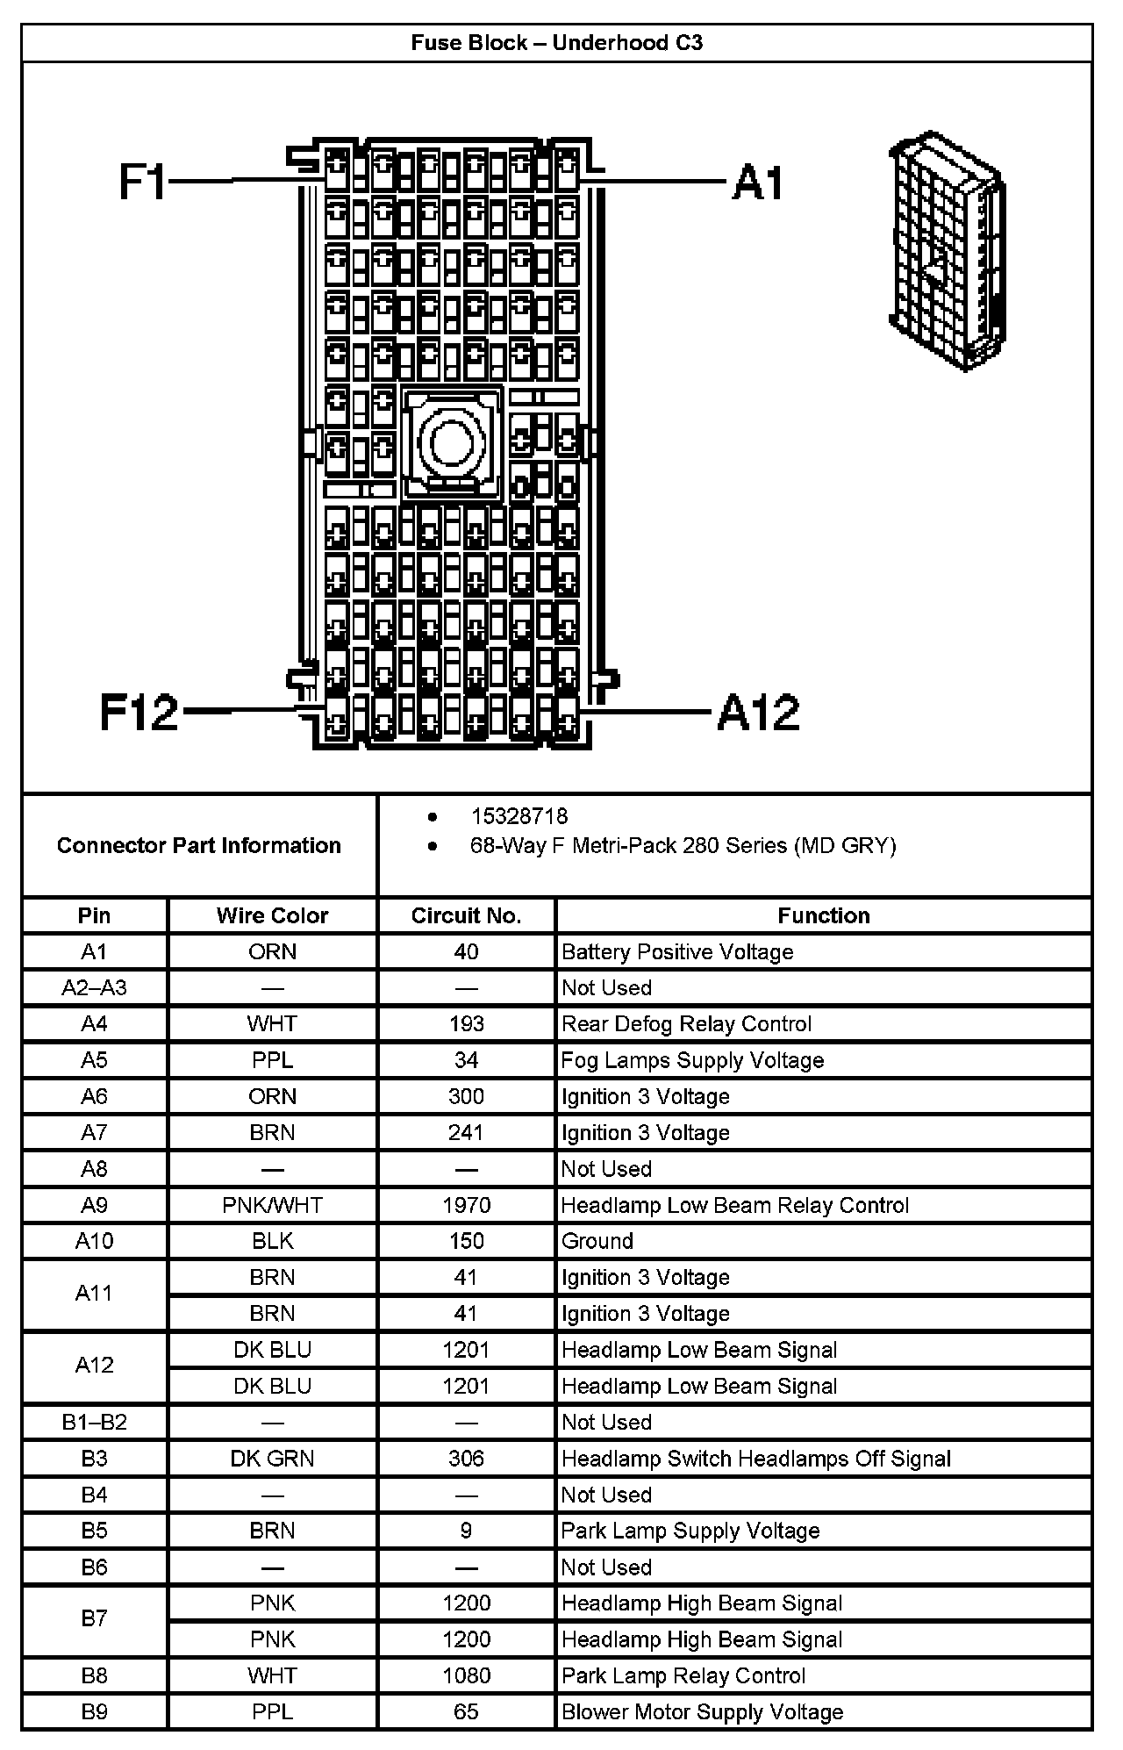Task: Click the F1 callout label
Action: click(142, 183)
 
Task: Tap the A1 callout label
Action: click(758, 183)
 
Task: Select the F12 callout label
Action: click(139, 712)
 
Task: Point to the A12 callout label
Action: click(759, 712)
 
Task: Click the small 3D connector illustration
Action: click(948, 253)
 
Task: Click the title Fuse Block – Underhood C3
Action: click(556, 43)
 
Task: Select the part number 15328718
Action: click(519, 816)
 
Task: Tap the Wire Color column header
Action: click(272, 915)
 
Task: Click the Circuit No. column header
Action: click(466, 915)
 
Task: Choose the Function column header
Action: click(823, 915)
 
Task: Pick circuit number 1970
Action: click(466, 1205)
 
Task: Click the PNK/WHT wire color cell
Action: click(272, 1205)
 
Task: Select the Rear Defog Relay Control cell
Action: click(686, 1023)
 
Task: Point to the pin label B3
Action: click(94, 1459)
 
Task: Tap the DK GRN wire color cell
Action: click(272, 1459)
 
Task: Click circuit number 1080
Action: click(466, 1675)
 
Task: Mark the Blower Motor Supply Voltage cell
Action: click(702, 1711)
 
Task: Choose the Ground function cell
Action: click(597, 1241)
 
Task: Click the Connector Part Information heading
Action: click(199, 845)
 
